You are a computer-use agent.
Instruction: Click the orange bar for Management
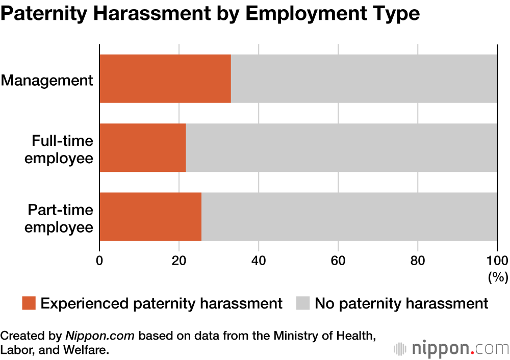point(165,79)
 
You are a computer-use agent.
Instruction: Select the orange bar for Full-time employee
point(142,147)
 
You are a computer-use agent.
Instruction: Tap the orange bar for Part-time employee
point(150,216)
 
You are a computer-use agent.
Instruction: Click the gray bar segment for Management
point(364,79)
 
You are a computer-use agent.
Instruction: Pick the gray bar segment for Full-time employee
point(341,147)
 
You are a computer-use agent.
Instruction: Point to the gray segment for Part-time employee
point(349,216)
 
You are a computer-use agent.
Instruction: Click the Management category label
point(47,80)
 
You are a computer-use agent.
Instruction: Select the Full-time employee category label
point(59,148)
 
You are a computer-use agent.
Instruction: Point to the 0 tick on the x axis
point(99,260)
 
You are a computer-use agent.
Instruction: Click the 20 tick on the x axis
point(179,260)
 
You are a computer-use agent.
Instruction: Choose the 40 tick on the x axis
point(259,260)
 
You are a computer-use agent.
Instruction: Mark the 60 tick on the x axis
point(338,260)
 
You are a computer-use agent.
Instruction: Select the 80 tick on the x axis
point(418,260)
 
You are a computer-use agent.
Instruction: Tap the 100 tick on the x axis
point(497,260)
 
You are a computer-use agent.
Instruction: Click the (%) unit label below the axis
point(498,277)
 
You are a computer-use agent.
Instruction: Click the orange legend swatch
point(29,303)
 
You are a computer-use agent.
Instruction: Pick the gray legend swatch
point(303,303)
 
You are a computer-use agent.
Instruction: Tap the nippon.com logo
point(451,348)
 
